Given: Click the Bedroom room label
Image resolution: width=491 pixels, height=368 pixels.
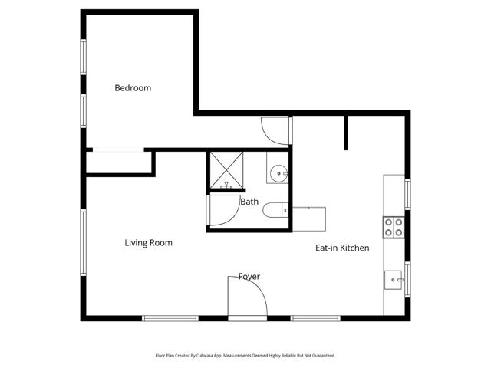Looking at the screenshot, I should coord(133,88).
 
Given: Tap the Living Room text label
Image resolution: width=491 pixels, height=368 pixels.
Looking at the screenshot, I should coord(148,243).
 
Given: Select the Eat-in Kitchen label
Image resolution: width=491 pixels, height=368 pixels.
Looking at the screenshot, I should coord(342,248).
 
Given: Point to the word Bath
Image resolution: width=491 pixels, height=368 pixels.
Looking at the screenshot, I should coord(249,202).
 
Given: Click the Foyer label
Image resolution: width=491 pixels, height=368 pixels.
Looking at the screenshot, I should coord(249,276).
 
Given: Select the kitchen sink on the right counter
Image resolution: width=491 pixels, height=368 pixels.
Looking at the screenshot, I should coord(394,281).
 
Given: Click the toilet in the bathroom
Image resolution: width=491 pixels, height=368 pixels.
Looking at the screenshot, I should coord(274,209).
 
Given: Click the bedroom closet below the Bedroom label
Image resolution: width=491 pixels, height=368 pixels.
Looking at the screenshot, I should coord(119,162).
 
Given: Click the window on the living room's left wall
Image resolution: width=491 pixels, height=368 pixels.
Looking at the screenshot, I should coord(84,241).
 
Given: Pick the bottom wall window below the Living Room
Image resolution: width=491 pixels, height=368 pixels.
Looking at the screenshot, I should coord(166,318).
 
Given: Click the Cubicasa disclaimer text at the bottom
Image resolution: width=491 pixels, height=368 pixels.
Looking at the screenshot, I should coord(245,356).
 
